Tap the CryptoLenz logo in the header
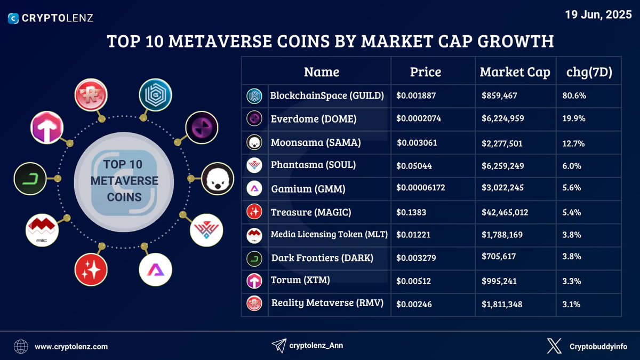pyautogui.click(x=51, y=18)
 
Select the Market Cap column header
pyautogui.click(x=515, y=73)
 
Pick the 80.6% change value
pyautogui.click(x=574, y=97)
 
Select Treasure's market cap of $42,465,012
pyautogui.click(x=505, y=212)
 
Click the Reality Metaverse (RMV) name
pyautogui.click(x=327, y=303)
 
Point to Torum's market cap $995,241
pyautogui.click(x=499, y=281)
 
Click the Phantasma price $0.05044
pyautogui.click(x=414, y=166)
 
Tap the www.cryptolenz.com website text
pyautogui.click(x=71, y=347)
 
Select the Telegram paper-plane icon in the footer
pyautogui.click(x=278, y=346)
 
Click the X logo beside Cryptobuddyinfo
pyautogui.click(x=554, y=346)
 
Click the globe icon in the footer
pyautogui.click(x=21, y=347)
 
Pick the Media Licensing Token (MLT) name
pyautogui.click(x=329, y=234)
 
